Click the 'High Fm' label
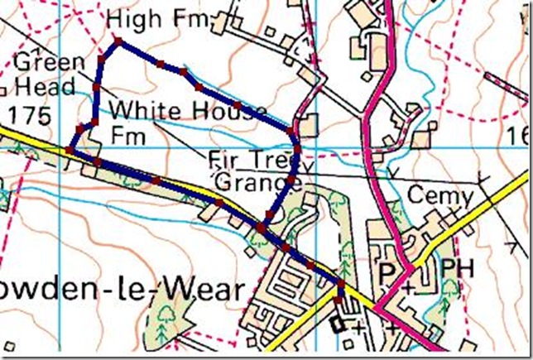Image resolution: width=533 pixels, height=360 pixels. pyautogui.click(x=161, y=18)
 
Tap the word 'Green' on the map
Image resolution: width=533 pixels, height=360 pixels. pyautogui.click(x=50, y=61)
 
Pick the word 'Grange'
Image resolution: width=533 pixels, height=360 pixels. pyautogui.click(x=253, y=180)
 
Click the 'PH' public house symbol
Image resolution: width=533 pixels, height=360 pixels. pyautogui.click(x=456, y=270)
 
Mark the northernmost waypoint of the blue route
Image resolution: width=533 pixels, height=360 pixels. pyautogui.click(x=118, y=40)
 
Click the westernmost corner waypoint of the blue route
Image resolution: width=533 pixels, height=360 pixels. pyautogui.click(x=69, y=149)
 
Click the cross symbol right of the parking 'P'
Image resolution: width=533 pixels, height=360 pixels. pyautogui.click(x=408, y=286)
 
